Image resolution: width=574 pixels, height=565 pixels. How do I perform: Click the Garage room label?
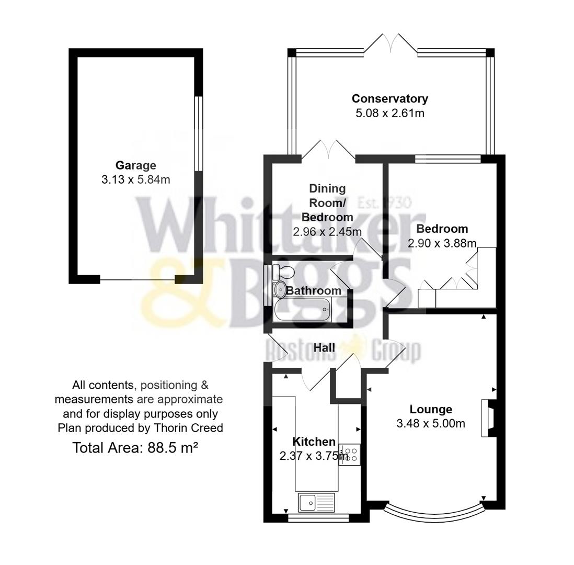pyautogui.click(x=135, y=165)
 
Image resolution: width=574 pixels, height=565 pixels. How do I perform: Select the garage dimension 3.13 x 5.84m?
pyautogui.click(x=135, y=179)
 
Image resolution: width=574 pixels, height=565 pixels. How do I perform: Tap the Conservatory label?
pyautogui.click(x=389, y=98)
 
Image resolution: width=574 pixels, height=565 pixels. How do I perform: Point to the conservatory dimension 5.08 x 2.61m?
pyautogui.click(x=389, y=113)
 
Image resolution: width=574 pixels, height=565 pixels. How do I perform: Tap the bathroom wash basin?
pyautogui.click(x=280, y=288)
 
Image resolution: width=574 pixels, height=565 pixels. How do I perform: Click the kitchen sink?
pyautogui.click(x=316, y=503)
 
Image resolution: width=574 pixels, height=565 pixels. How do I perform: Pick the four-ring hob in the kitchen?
pyautogui.click(x=349, y=454)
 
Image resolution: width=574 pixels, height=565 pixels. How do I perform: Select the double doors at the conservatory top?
pyautogui.click(x=390, y=44)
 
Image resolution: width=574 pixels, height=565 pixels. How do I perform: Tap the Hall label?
pyautogui.click(x=324, y=347)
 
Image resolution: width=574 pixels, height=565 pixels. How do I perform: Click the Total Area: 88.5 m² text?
pyautogui.click(x=135, y=448)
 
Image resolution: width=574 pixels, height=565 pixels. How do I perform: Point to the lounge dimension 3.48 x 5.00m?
pyautogui.click(x=431, y=424)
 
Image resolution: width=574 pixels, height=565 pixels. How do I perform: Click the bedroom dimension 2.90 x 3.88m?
pyautogui.click(x=442, y=243)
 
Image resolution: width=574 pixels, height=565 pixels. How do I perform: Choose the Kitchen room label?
pyautogui.click(x=314, y=442)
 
